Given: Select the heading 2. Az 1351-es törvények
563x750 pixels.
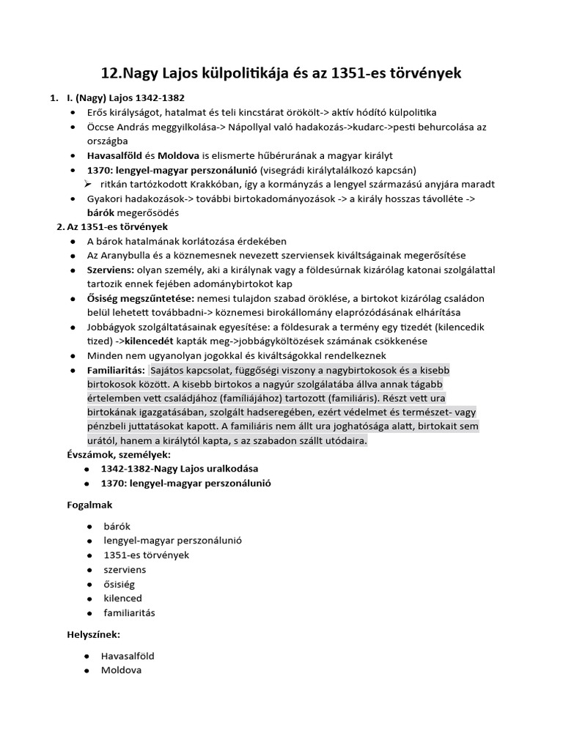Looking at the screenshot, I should tap(112, 227).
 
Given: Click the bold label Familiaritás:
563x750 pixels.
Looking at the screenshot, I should tap(116, 370).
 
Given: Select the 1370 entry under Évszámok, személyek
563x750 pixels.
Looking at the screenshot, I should tap(180, 484).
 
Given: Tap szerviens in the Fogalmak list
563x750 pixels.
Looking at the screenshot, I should tap(124, 569).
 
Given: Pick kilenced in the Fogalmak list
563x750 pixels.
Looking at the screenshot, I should tap(122, 598).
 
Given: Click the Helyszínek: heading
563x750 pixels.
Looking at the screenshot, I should tap(93, 634).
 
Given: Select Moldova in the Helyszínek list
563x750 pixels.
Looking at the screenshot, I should tap(122, 670).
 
